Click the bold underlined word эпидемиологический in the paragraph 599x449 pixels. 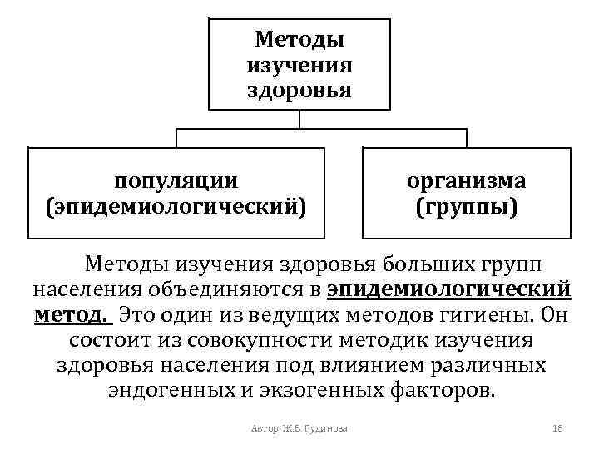(x=449, y=289)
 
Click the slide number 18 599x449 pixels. (x=558, y=428)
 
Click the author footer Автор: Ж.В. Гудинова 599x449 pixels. (x=299, y=428)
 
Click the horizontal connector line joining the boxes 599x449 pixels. (x=299, y=129)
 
